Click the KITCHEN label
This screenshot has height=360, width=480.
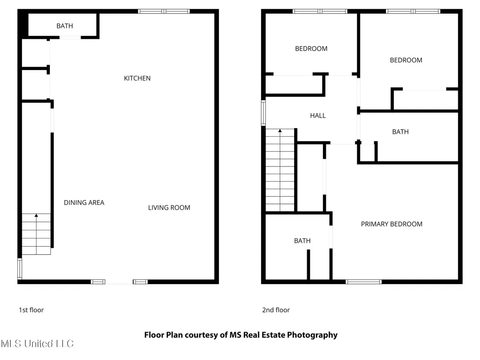137,78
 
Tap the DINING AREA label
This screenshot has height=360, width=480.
84,203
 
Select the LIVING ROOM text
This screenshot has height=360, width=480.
169,207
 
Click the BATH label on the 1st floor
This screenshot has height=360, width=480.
65,26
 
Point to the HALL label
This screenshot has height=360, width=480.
318,116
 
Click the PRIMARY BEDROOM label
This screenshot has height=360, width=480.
392,224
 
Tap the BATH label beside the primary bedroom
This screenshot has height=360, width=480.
302,241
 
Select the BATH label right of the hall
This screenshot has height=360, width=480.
400,132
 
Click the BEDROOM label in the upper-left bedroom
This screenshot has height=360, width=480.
311,48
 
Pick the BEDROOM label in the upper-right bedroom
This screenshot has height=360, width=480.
406,60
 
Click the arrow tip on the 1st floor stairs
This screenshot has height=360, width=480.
36,215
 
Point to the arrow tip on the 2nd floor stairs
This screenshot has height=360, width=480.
280,130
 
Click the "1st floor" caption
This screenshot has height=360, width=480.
31,310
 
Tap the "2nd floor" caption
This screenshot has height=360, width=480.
276,310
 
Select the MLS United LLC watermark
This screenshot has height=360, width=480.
37,344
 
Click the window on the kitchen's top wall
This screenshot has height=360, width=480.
164,12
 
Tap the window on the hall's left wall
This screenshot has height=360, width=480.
263,113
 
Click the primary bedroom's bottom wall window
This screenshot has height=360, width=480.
364,282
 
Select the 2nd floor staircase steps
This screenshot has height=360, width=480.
280,170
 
